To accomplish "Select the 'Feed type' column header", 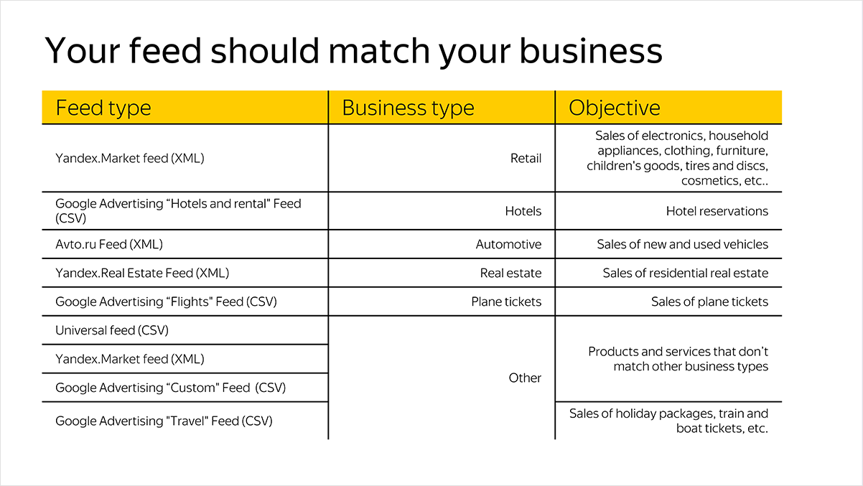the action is point(103,108).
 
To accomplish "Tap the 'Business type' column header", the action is point(408,108).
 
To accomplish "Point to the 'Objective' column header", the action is point(615,108).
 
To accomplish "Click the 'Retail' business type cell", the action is point(526,158).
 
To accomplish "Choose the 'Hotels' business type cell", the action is point(523,211).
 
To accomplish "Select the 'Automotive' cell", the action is point(508,244).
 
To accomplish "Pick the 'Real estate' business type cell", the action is point(510,273).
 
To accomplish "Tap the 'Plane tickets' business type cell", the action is point(506,302).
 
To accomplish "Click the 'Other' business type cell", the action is point(525,378).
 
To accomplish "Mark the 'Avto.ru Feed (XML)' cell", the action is point(109,244).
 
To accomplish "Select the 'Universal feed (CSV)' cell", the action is point(112,330).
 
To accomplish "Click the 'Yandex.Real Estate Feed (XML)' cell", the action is point(142,273).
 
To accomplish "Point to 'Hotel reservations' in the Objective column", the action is point(717,211).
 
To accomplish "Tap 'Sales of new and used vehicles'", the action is point(682,244).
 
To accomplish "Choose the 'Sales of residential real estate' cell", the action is point(685,273).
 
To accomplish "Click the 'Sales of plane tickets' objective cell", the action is point(709,302).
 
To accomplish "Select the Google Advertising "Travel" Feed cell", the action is point(164,421).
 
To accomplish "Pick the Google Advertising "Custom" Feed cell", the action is point(170,388).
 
